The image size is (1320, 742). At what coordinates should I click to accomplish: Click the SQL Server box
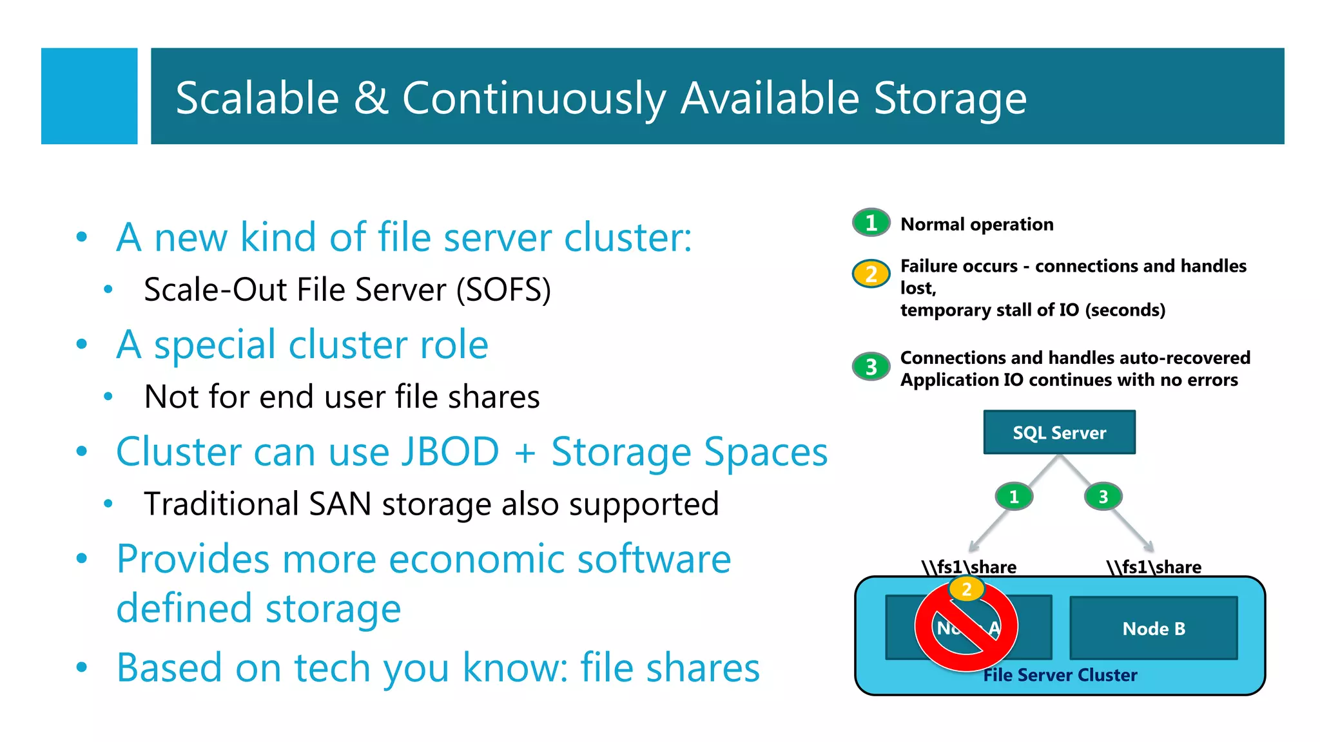click(1059, 432)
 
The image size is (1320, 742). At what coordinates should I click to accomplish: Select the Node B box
click(1153, 628)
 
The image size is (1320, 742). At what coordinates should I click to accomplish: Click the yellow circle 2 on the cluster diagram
click(966, 589)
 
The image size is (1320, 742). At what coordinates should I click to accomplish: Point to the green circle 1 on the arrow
click(1014, 497)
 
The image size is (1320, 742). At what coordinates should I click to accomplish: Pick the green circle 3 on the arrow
click(1103, 497)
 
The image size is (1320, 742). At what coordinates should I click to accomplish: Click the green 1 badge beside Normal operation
click(871, 223)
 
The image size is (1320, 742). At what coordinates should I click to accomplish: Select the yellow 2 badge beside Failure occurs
click(871, 274)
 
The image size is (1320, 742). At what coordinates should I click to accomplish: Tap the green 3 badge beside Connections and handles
click(871, 366)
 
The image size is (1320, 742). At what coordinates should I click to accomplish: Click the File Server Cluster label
click(1060, 675)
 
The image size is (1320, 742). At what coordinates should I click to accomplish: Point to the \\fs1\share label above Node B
click(1154, 567)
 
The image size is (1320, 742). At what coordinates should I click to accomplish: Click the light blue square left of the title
click(89, 96)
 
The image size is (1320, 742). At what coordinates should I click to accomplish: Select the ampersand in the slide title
click(371, 99)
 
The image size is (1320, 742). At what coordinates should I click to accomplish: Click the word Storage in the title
click(949, 99)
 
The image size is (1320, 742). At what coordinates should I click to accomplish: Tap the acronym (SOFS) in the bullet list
click(503, 290)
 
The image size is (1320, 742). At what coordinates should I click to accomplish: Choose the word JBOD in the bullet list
click(450, 452)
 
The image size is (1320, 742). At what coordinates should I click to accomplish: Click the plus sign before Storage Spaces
click(525, 453)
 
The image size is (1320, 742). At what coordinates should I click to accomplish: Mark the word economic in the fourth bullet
click(476, 558)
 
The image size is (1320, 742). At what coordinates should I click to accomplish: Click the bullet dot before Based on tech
click(81, 667)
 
